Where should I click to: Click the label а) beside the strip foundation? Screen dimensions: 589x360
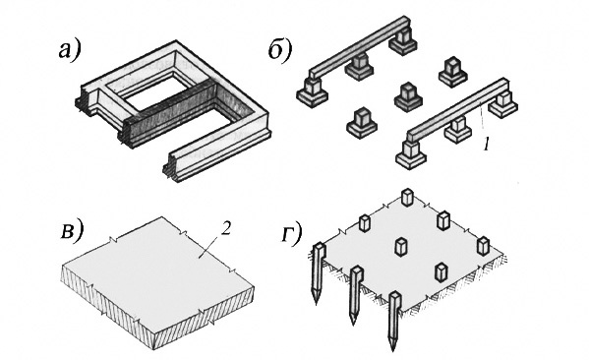pyautogui.click(x=70, y=50)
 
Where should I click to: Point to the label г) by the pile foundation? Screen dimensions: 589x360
pyautogui.click(x=291, y=234)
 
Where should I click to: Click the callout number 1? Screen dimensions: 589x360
pyautogui.click(x=487, y=145)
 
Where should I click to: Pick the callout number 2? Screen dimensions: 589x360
pyautogui.click(x=225, y=229)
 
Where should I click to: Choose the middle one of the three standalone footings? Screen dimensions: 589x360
pyautogui.click(x=408, y=96)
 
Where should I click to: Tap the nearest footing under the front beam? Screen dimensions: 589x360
pyautogui.click(x=411, y=154)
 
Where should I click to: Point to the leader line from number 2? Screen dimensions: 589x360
pyautogui.click(x=209, y=247)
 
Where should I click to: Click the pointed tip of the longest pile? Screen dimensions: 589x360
pyautogui.click(x=393, y=349)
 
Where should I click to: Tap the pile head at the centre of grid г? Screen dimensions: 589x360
pyautogui.click(x=401, y=247)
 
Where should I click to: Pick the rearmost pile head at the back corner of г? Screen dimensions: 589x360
pyautogui.click(x=407, y=198)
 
